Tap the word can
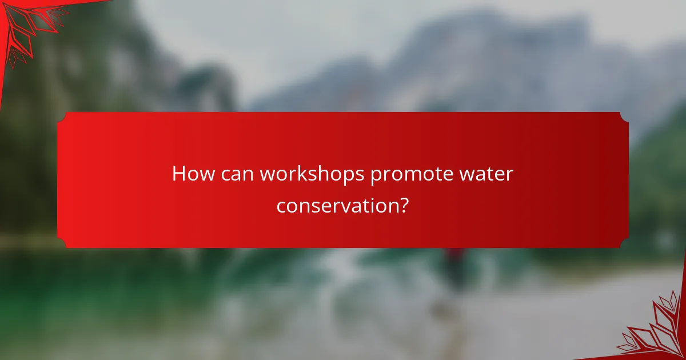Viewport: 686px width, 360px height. (240, 174)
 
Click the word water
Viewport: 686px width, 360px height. (488, 174)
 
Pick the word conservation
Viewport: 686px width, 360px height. (336, 205)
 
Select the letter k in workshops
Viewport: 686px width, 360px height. (308, 174)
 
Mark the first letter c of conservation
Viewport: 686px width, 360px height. (281, 206)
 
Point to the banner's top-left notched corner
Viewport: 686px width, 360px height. (62, 117)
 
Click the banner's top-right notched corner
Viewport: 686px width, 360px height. (624, 117)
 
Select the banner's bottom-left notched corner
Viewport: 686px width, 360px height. (62, 243)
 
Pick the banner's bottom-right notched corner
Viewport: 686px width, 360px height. (624, 243)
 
